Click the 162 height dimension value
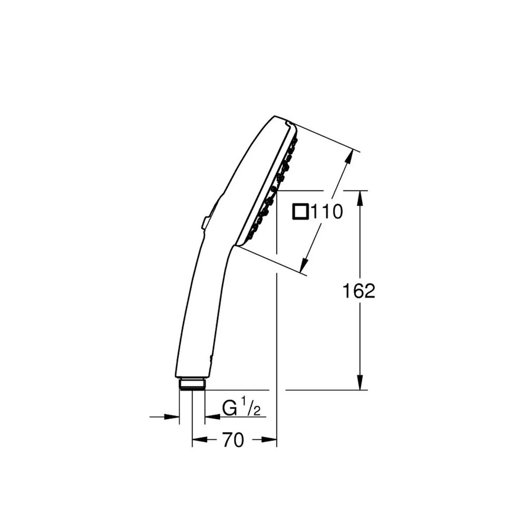point(359,291)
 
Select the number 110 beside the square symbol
point(326,212)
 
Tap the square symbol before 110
point(301,212)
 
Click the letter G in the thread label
point(229,408)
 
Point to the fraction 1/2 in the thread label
point(250,407)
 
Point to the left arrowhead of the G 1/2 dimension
point(173,417)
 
